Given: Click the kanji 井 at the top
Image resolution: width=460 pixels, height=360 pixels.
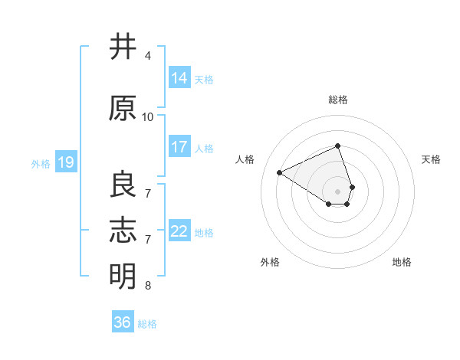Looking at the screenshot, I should click(123, 47).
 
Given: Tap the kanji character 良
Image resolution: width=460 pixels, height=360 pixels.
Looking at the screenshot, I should click(123, 185).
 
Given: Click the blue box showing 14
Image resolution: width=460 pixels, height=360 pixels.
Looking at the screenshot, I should click(179, 78).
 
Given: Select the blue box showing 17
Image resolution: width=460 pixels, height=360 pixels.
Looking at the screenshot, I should click(179, 147).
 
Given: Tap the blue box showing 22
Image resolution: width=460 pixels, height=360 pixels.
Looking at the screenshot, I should click(179, 231).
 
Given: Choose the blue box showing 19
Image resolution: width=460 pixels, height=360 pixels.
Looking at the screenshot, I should click(65, 162).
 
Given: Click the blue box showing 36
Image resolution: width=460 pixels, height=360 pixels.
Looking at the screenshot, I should click(123, 322).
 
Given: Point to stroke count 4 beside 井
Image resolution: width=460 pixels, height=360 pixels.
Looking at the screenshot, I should click(148, 56).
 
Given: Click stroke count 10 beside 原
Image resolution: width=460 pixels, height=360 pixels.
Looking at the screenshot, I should click(148, 116).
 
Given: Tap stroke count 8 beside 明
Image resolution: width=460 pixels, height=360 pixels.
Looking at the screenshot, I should click(148, 286).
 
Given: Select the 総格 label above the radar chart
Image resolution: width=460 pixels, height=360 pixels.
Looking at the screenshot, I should click(338, 100).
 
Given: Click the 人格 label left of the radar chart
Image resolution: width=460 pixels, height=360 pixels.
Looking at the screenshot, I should click(245, 159).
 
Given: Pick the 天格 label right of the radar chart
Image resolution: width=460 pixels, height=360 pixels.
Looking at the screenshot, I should click(431, 159).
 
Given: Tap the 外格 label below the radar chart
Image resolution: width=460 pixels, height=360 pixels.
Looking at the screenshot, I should click(270, 262).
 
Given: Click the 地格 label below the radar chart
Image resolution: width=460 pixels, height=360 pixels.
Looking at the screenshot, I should click(402, 262).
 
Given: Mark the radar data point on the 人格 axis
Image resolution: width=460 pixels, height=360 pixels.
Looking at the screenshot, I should click(280, 173).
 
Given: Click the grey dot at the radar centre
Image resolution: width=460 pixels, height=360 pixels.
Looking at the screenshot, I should click(338, 191).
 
